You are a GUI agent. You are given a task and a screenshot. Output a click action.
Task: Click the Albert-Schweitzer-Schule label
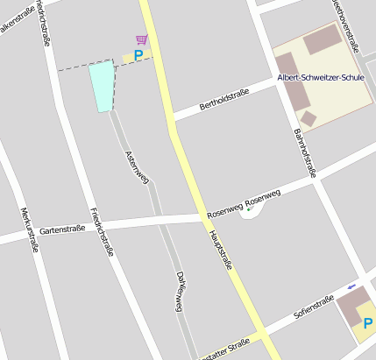coord(320,78)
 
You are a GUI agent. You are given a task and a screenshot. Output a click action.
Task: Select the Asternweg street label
coord(138,167)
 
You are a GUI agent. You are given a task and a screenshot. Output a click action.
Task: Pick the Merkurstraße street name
coord(28,229)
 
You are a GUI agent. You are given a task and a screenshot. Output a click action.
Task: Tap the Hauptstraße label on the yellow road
coord(220,250)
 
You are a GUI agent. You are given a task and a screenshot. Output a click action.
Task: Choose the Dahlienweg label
coord(180,290)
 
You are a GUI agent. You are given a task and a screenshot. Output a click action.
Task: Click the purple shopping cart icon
coord(141,39)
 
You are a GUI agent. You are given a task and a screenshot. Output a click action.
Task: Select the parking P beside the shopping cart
coord(138,56)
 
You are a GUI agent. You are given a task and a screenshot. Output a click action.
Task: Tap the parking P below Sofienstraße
coord(367,324)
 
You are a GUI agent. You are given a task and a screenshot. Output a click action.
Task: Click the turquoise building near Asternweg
coord(102,86)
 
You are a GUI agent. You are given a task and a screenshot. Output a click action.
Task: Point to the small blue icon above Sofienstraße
coord(352,286)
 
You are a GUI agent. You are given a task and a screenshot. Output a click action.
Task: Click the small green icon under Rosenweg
coord(250,208)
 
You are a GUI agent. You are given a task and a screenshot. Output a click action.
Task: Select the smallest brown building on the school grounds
coord(308,118)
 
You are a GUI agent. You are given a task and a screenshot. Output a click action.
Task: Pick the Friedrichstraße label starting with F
coord(103,231)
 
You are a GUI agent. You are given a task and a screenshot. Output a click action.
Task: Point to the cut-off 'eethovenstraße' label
coord(347,18)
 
